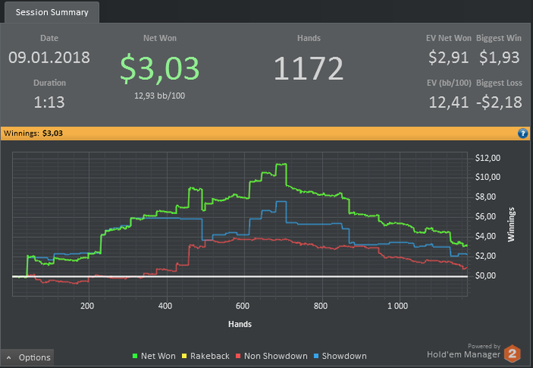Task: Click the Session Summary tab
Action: tap(50, 12)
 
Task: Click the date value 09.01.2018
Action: tap(49, 58)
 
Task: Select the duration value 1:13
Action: tap(49, 101)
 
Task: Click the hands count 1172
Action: tap(309, 69)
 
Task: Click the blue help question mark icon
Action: tap(522, 133)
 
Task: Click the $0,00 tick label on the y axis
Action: tap(487, 275)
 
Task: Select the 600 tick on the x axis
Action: tap(243, 306)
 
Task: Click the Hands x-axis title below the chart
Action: tap(240, 324)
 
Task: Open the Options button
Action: tap(28, 357)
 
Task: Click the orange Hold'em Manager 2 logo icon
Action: tap(513, 353)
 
